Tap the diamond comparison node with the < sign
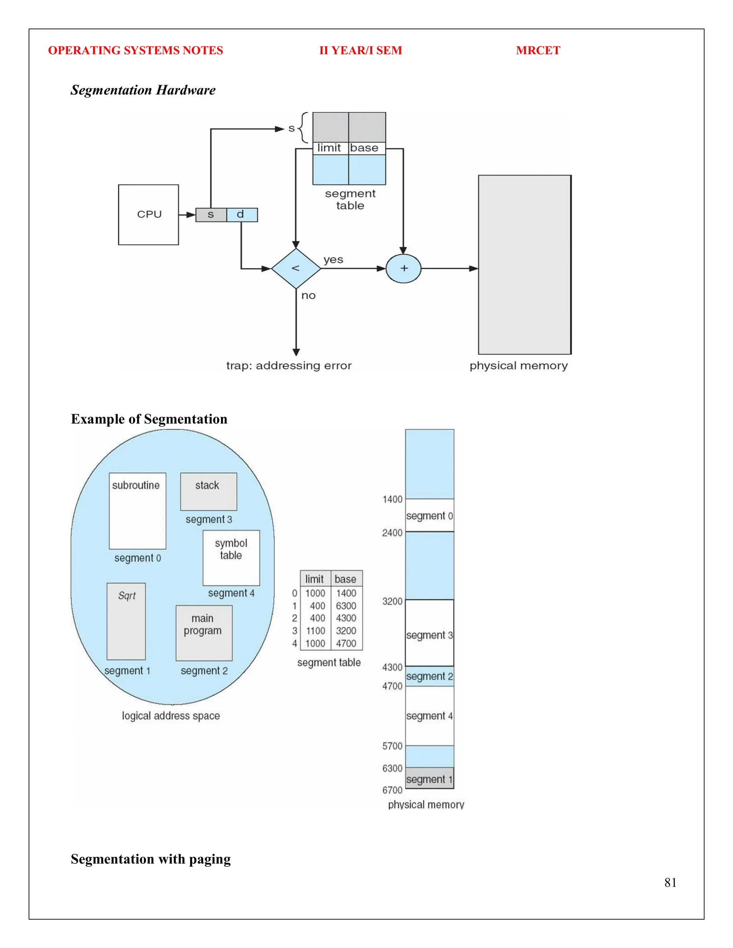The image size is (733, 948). point(296,268)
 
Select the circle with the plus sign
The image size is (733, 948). point(403,268)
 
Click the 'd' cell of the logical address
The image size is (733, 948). point(242,214)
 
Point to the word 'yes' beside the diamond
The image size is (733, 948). point(333,260)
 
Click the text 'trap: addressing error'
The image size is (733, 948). point(289,366)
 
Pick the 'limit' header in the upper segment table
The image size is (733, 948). point(329,148)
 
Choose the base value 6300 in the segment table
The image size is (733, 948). point(346,606)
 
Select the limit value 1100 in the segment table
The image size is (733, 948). point(316,631)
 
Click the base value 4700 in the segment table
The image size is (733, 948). point(346,643)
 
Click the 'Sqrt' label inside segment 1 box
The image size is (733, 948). point(127,596)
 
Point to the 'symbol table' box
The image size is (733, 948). point(231,557)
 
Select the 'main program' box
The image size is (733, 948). point(204,632)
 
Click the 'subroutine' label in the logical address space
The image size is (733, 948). point(136,485)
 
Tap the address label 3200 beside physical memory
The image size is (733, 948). point(392,601)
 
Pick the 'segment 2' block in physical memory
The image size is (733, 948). point(429,676)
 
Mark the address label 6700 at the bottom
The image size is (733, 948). point(392,790)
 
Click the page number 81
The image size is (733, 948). point(670,883)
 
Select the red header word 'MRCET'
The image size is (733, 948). point(538,50)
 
